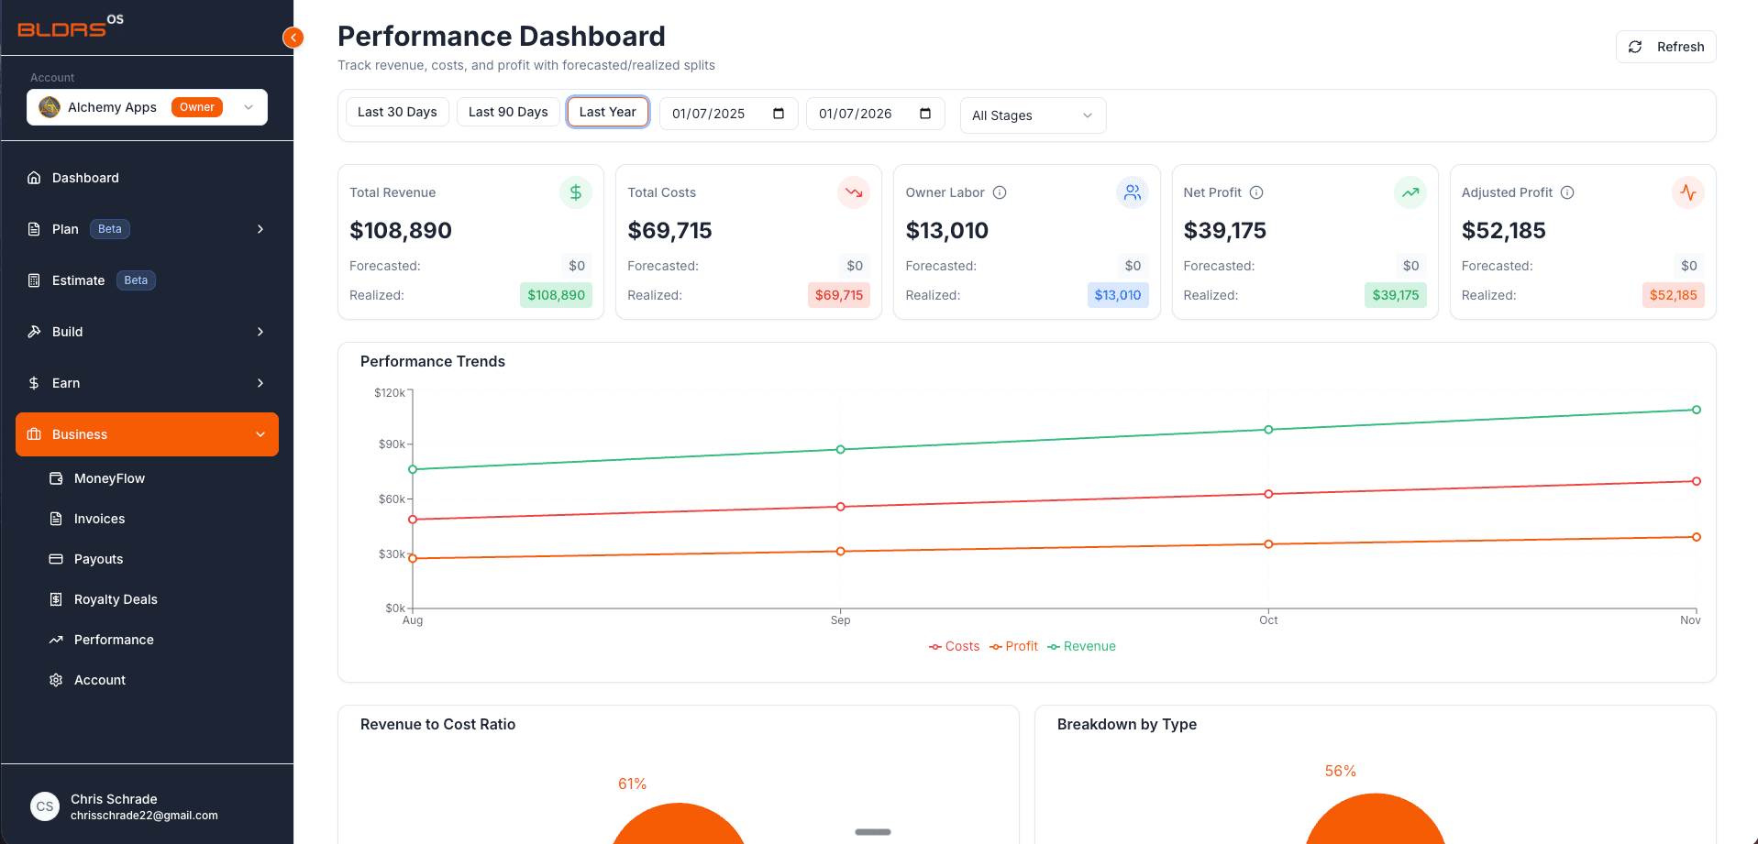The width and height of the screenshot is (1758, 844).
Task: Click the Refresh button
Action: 1665,47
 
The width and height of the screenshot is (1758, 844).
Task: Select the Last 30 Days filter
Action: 397,112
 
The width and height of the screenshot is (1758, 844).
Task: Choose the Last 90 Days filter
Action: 508,112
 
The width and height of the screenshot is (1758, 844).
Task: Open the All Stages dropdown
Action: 1033,115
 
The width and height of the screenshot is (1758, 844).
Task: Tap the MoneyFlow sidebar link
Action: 109,478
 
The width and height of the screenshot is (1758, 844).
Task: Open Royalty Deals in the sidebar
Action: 116,599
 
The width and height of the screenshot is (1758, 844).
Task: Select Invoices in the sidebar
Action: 99,519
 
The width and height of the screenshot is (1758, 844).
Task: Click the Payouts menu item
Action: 98,559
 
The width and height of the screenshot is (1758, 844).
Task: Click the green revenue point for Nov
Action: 1697,410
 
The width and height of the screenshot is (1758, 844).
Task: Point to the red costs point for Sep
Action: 841,507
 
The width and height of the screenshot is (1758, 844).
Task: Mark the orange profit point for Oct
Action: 1268,544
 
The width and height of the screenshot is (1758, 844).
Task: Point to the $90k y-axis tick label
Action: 392,444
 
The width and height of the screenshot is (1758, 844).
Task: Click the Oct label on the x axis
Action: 1268,620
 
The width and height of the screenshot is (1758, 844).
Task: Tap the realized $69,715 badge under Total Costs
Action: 839,295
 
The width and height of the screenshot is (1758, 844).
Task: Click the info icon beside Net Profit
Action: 1256,192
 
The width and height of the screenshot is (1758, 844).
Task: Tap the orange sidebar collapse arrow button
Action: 293,38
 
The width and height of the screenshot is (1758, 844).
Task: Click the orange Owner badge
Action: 197,107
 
